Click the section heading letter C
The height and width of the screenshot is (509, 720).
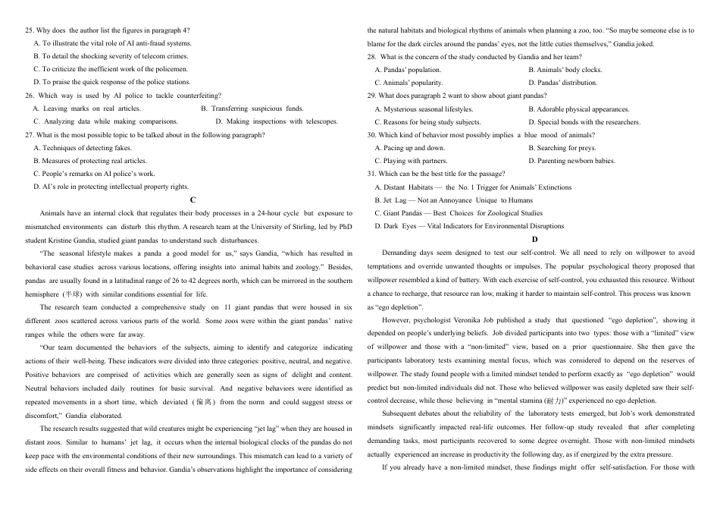[x=193, y=200]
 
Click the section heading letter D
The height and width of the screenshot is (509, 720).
[x=534, y=240]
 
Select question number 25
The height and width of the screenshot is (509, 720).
[x=30, y=30]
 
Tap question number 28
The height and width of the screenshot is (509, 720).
[x=372, y=57]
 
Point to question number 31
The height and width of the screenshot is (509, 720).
[x=372, y=174]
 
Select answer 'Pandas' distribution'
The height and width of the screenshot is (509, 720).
[x=562, y=83]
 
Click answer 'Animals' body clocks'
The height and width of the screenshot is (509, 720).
[x=565, y=70]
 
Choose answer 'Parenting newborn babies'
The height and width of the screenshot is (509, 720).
[x=571, y=161]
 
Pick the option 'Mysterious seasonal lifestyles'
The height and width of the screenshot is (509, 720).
[x=427, y=109]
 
